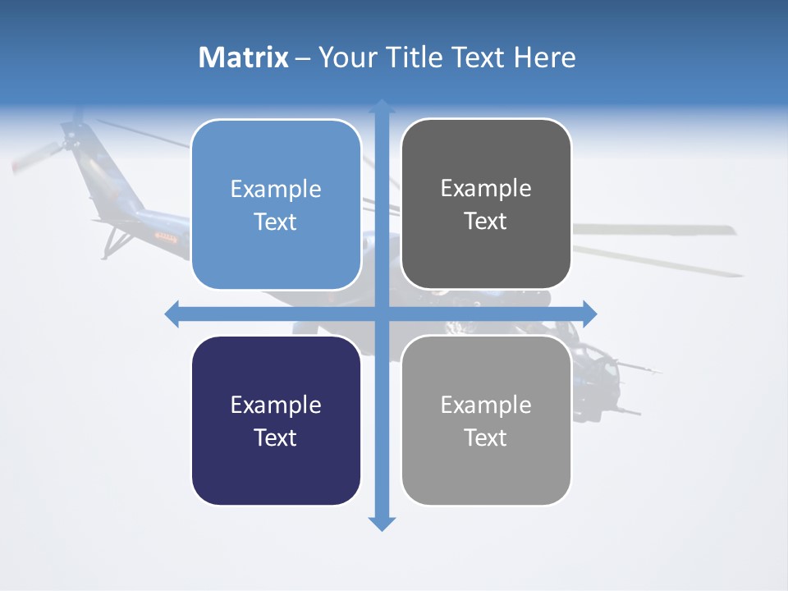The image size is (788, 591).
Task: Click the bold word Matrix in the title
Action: click(x=243, y=57)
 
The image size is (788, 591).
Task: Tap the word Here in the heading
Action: click(x=544, y=57)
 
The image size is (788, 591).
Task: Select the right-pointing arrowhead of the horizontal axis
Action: click(x=589, y=314)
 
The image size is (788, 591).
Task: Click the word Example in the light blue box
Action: click(x=276, y=190)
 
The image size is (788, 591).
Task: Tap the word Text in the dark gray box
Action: click(x=486, y=222)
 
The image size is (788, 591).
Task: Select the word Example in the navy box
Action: click(x=276, y=405)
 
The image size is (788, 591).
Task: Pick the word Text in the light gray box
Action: click(x=486, y=438)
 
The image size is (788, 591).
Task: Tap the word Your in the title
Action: click(x=346, y=57)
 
